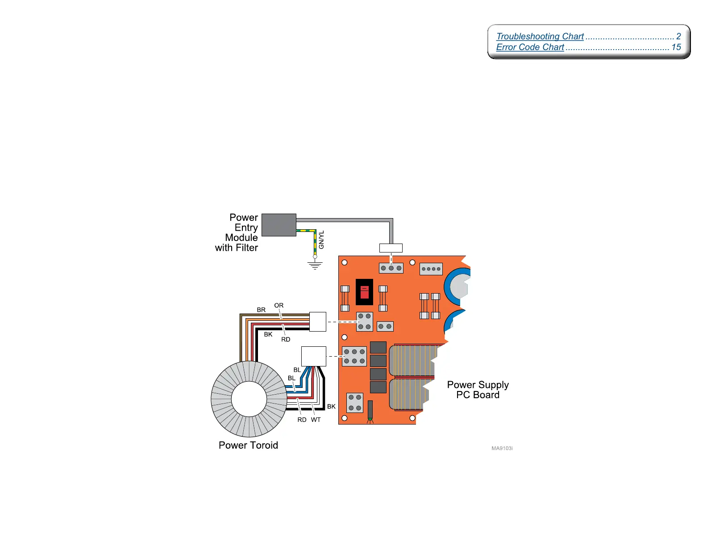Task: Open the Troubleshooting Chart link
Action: (540, 36)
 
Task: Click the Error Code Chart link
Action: (530, 47)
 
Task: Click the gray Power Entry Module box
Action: (279, 225)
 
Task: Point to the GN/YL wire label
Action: (321, 240)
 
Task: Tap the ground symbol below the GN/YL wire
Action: (315, 265)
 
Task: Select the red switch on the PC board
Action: (364, 292)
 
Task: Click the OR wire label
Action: (279, 305)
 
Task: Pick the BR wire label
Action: (261, 310)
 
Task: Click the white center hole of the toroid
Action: (249, 399)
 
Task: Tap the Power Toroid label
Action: (248, 445)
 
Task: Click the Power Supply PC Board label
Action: (478, 390)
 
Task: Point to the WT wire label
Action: (316, 420)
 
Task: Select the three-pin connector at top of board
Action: (391, 268)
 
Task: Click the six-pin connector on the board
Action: (354, 356)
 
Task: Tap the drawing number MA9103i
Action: (502, 448)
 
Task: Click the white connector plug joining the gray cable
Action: (391, 248)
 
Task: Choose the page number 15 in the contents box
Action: (676, 47)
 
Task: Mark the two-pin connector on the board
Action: (385, 326)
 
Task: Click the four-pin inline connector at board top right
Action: (431, 269)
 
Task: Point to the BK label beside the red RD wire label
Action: (268, 334)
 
